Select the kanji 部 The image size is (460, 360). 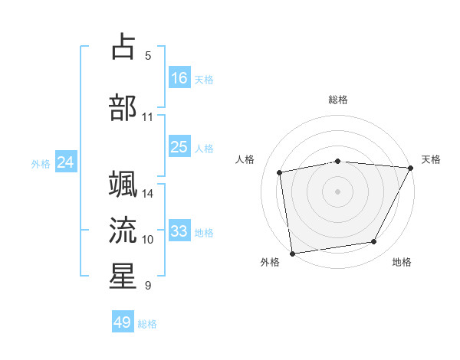[x=123, y=107]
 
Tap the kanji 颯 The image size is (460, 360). [x=123, y=185]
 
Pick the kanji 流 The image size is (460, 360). [x=123, y=230]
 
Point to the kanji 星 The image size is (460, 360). [x=123, y=276]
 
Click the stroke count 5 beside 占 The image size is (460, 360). [x=148, y=56]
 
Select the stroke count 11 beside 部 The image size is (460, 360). [x=148, y=117]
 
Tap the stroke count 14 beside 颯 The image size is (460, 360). [x=148, y=194]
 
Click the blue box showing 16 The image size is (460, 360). [x=179, y=78]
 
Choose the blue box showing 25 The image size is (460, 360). [x=179, y=147]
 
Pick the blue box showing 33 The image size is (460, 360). [x=179, y=231]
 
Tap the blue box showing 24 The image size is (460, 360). [x=66, y=162]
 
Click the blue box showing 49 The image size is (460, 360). [x=123, y=322]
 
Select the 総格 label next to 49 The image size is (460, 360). [x=148, y=324]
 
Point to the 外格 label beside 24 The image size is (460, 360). [x=41, y=164]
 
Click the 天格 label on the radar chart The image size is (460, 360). [x=431, y=159]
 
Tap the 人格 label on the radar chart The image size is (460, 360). [x=245, y=159]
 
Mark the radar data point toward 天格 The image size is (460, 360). [x=411, y=168]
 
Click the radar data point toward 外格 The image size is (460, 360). [x=292, y=252]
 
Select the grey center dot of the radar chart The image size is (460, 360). [x=338, y=191]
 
